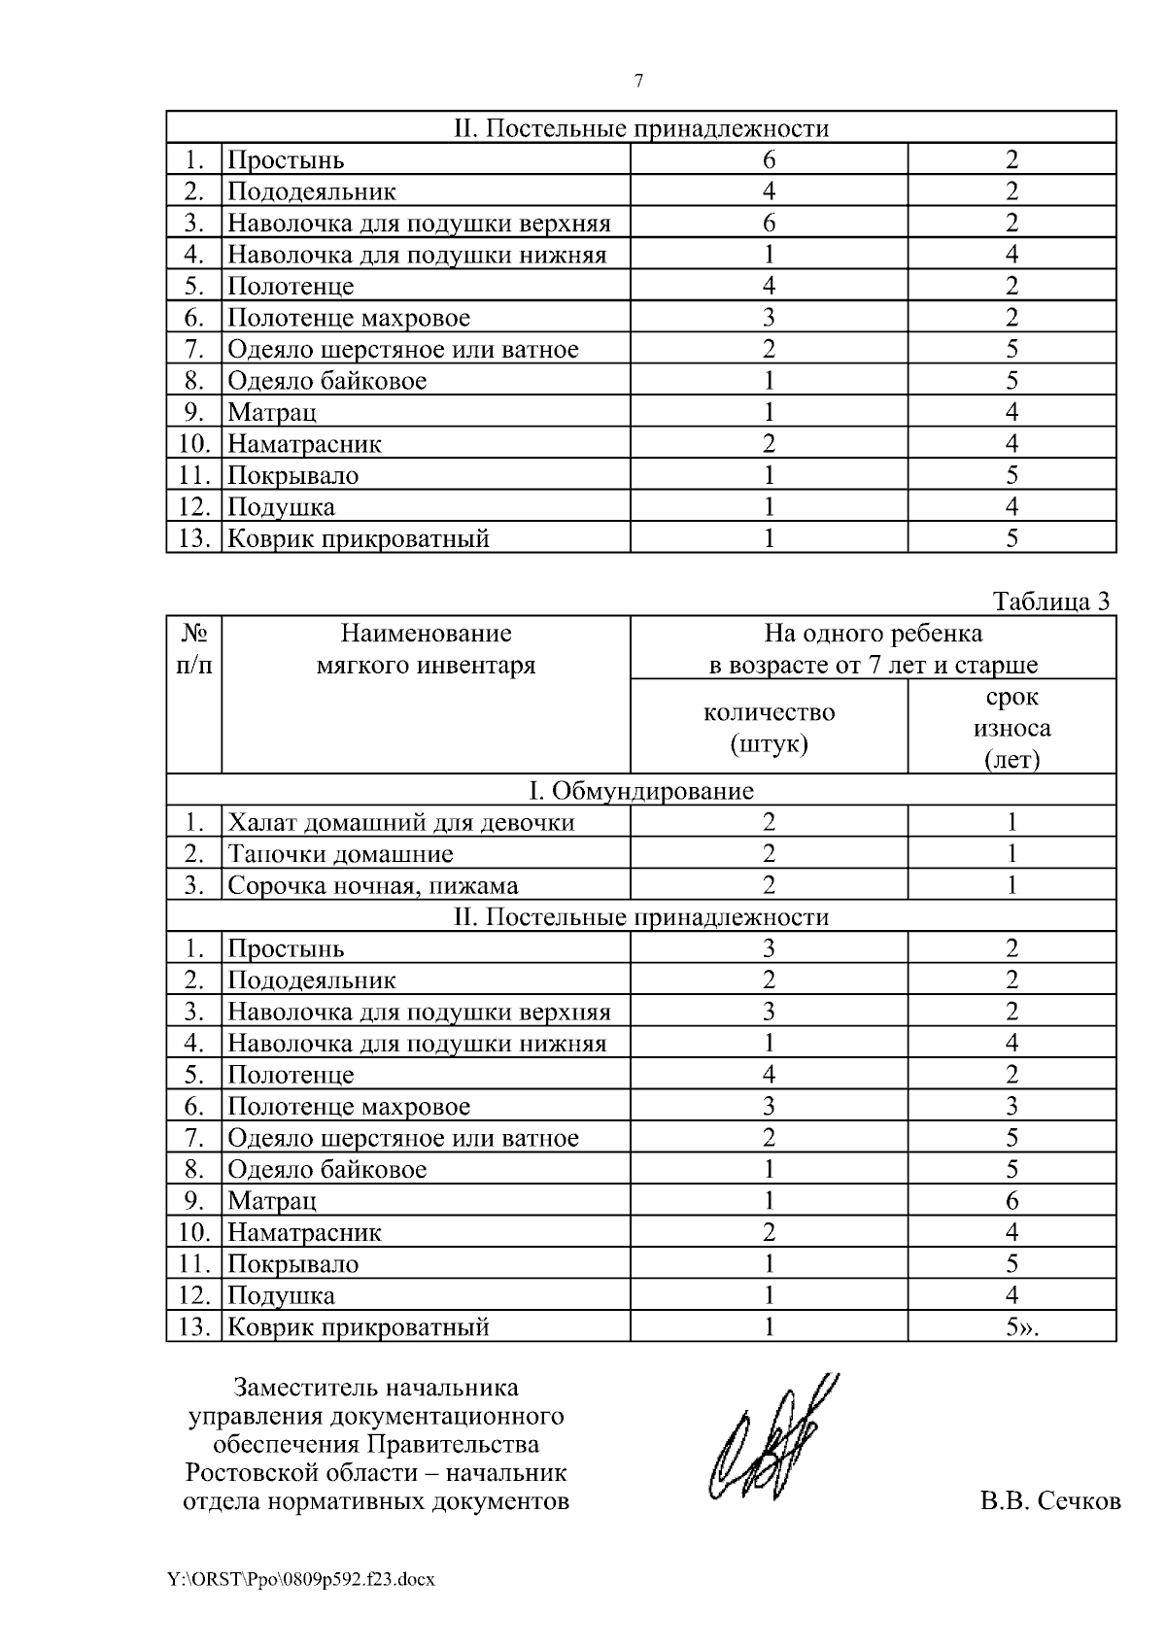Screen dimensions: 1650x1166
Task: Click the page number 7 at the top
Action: [638, 82]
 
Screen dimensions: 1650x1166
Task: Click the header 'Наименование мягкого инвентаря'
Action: [426, 649]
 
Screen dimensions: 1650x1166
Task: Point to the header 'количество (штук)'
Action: [769, 728]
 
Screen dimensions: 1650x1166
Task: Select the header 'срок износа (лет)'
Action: [1012, 728]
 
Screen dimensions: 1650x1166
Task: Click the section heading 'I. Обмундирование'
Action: [640, 790]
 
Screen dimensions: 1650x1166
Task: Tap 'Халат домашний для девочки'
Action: [400, 822]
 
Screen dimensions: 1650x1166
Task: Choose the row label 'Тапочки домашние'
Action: [340, 854]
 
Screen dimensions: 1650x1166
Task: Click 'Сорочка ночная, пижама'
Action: [372, 885]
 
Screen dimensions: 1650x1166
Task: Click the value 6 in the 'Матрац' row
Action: [1012, 1201]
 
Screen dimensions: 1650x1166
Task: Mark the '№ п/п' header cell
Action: [194, 649]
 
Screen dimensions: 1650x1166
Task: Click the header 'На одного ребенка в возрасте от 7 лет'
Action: [873, 649]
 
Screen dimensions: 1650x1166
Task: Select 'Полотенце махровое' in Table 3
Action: [348, 1106]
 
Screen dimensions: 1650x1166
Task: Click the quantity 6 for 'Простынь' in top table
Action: [769, 159]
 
